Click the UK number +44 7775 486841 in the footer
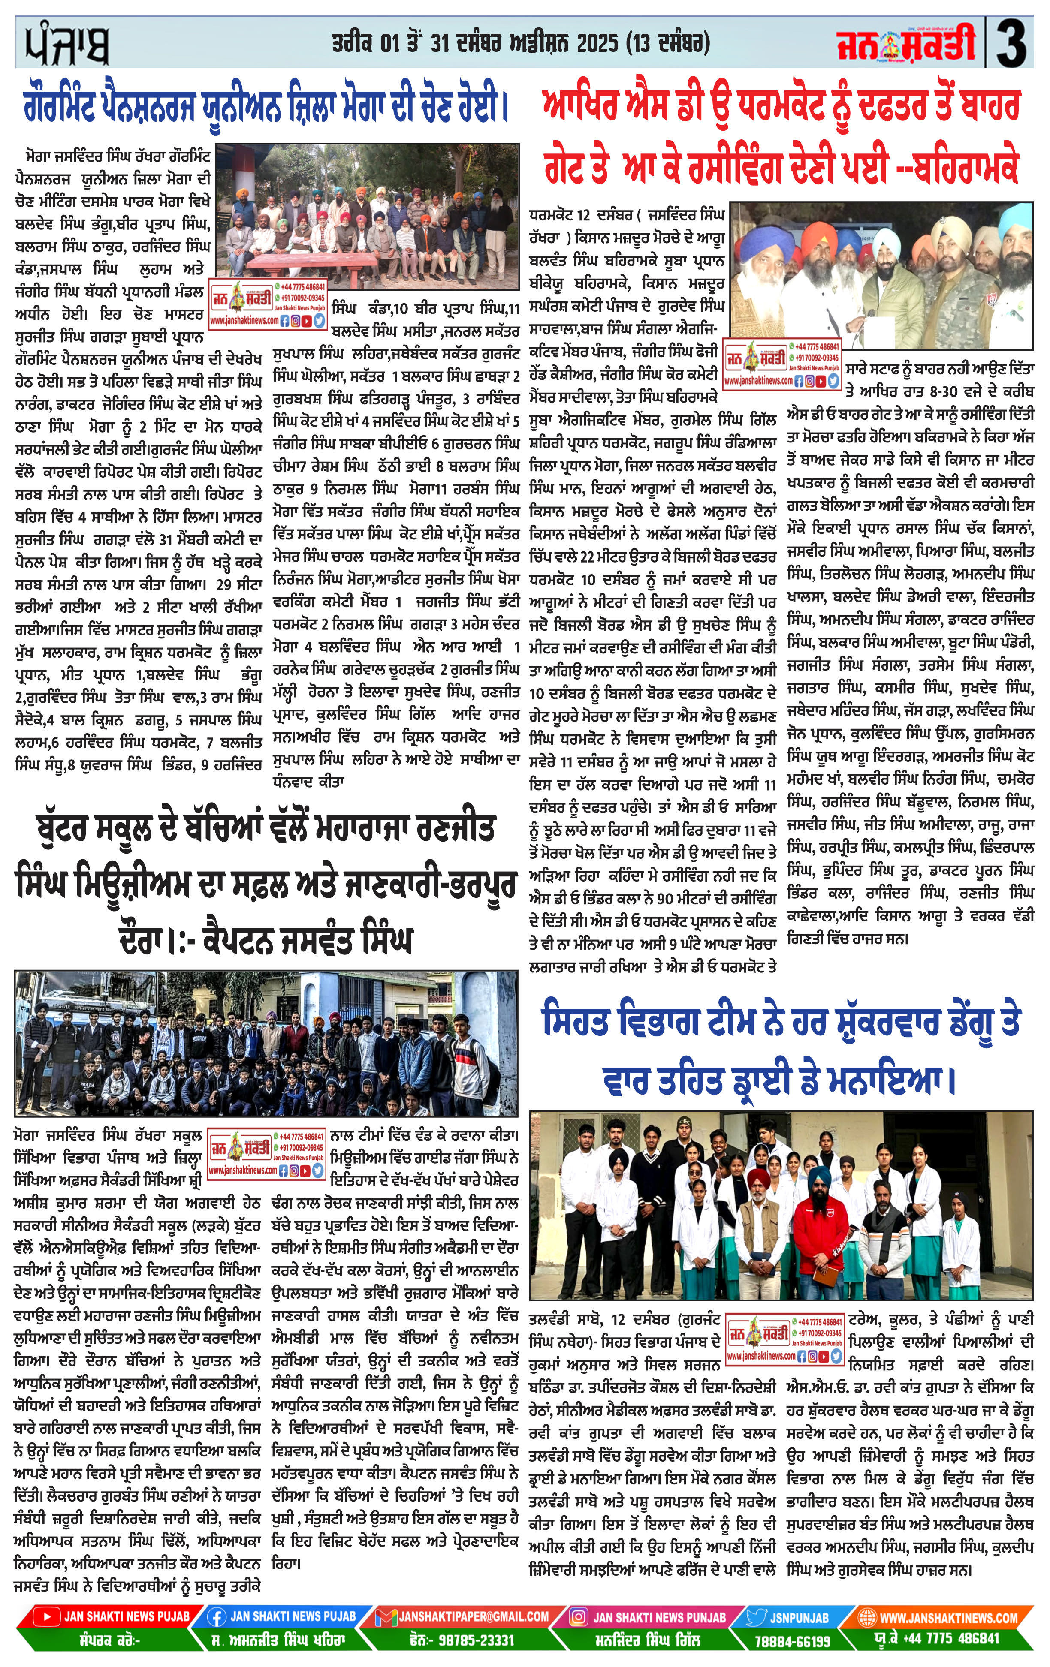tap(959, 1639)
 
